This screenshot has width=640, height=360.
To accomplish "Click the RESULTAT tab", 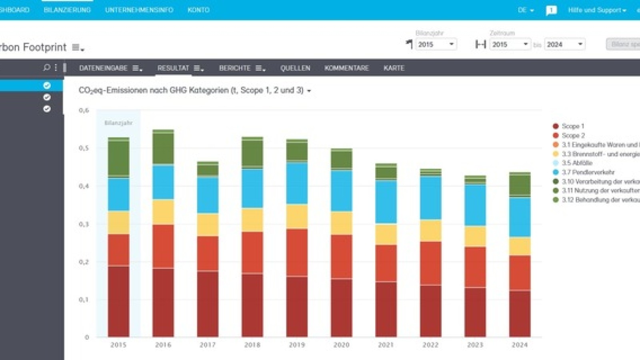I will tap(173, 68).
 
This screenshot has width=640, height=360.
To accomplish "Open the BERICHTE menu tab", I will tap(235, 68).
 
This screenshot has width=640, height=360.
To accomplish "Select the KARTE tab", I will tap(394, 68).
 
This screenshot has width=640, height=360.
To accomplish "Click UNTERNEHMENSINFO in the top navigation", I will tap(139, 10).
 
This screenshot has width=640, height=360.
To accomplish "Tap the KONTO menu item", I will tap(198, 10).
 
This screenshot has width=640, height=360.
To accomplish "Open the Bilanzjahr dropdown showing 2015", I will tap(436, 44).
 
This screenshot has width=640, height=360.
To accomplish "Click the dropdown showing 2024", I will tap(564, 44).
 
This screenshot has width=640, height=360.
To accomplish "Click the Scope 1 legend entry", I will tap(572, 126).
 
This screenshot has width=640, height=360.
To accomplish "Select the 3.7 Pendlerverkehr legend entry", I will tap(588, 172).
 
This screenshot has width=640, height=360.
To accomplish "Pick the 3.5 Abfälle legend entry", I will tap(576, 163).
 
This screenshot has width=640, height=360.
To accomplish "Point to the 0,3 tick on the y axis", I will tap(84, 224).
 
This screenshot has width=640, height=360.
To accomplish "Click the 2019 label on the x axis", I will tap(297, 345).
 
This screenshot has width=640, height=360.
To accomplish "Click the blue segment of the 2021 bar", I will tap(386, 201).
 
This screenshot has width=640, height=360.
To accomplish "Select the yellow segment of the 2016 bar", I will tap(163, 212).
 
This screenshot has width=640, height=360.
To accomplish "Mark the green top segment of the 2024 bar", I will tap(520, 185).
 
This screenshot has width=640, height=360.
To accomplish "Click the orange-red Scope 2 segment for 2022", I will tap(430, 263).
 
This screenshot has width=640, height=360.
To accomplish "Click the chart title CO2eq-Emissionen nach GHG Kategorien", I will tap(191, 90).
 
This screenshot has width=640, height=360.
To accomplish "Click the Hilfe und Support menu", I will tap(596, 10).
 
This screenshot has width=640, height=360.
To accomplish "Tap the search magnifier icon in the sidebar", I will tap(46, 68).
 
